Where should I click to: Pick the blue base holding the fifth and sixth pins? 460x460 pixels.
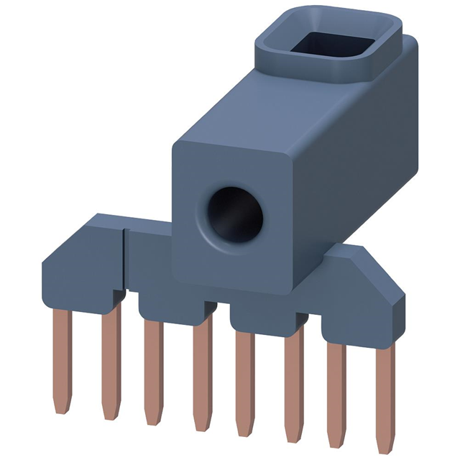270,313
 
